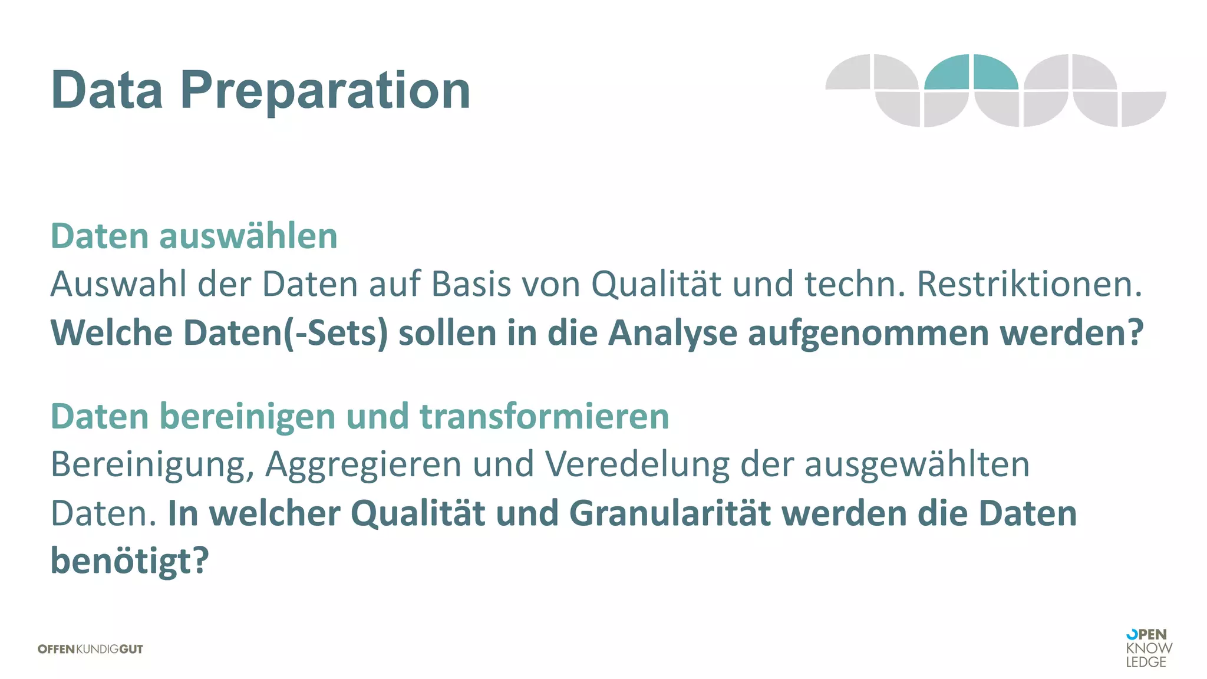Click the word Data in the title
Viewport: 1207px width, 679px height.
[107, 90]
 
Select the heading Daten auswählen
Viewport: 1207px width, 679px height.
[194, 236]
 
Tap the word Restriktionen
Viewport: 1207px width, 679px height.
[1029, 284]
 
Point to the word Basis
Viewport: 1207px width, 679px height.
[471, 284]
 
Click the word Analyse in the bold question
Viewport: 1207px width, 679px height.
[672, 333]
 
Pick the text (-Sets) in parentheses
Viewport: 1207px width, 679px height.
[336, 333]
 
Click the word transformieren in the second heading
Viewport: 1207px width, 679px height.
[544, 417]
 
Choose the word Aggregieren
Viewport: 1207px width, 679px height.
[363, 465]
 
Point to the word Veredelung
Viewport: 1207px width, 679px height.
[637, 465]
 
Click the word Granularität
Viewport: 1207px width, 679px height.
[670, 513]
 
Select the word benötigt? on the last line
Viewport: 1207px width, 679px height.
[130, 561]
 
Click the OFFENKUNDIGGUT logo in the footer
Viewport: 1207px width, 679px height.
[90, 649]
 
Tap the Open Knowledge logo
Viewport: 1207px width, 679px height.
[1148, 648]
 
